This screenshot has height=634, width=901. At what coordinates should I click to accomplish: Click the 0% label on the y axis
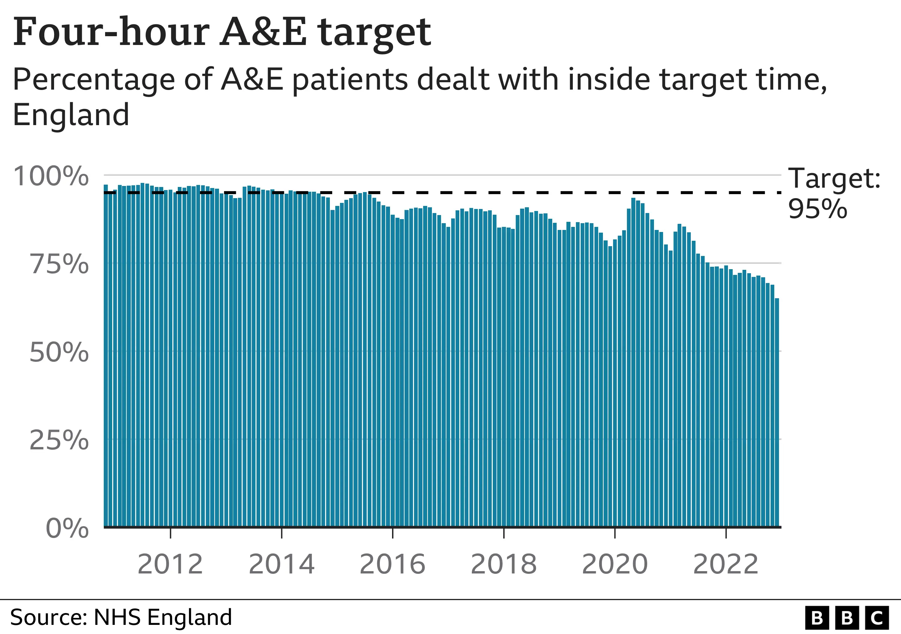click(68, 528)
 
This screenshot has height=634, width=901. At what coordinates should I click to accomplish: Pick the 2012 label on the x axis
click(170, 564)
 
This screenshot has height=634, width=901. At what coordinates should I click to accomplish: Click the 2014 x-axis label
click(282, 564)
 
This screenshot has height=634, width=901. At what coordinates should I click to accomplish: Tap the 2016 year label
click(392, 564)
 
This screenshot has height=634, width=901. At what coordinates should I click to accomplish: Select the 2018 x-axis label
click(504, 564)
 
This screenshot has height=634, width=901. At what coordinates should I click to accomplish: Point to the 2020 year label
click(614, 564)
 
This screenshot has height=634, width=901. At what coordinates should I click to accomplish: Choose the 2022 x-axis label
click(726, 564)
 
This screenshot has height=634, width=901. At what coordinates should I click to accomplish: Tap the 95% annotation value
click(818, 209)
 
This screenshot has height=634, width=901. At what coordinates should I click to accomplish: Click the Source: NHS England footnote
click(121, 617)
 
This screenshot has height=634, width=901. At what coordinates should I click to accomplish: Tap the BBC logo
click(847, 618)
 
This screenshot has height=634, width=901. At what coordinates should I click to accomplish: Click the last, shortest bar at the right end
click(777, 412)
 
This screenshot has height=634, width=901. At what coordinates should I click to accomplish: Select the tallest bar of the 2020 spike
click(633, 361)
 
